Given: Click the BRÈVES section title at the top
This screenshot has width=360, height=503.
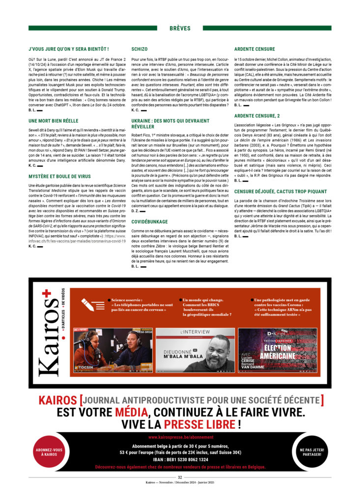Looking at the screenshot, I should [x=180, y=28].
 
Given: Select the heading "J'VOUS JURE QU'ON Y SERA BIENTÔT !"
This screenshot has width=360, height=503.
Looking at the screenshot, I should [x=69, y=49].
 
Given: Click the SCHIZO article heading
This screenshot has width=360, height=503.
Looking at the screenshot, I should [x=140, y=49].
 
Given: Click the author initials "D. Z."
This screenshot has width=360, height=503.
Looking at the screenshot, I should [x=135, y=210].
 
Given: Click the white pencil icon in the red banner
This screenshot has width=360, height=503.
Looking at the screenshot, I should [x=88, y=304].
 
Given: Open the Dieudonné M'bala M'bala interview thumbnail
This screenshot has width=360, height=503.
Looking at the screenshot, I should [x=195, y=350].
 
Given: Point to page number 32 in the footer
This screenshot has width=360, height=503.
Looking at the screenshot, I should [x=180, y=477].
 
